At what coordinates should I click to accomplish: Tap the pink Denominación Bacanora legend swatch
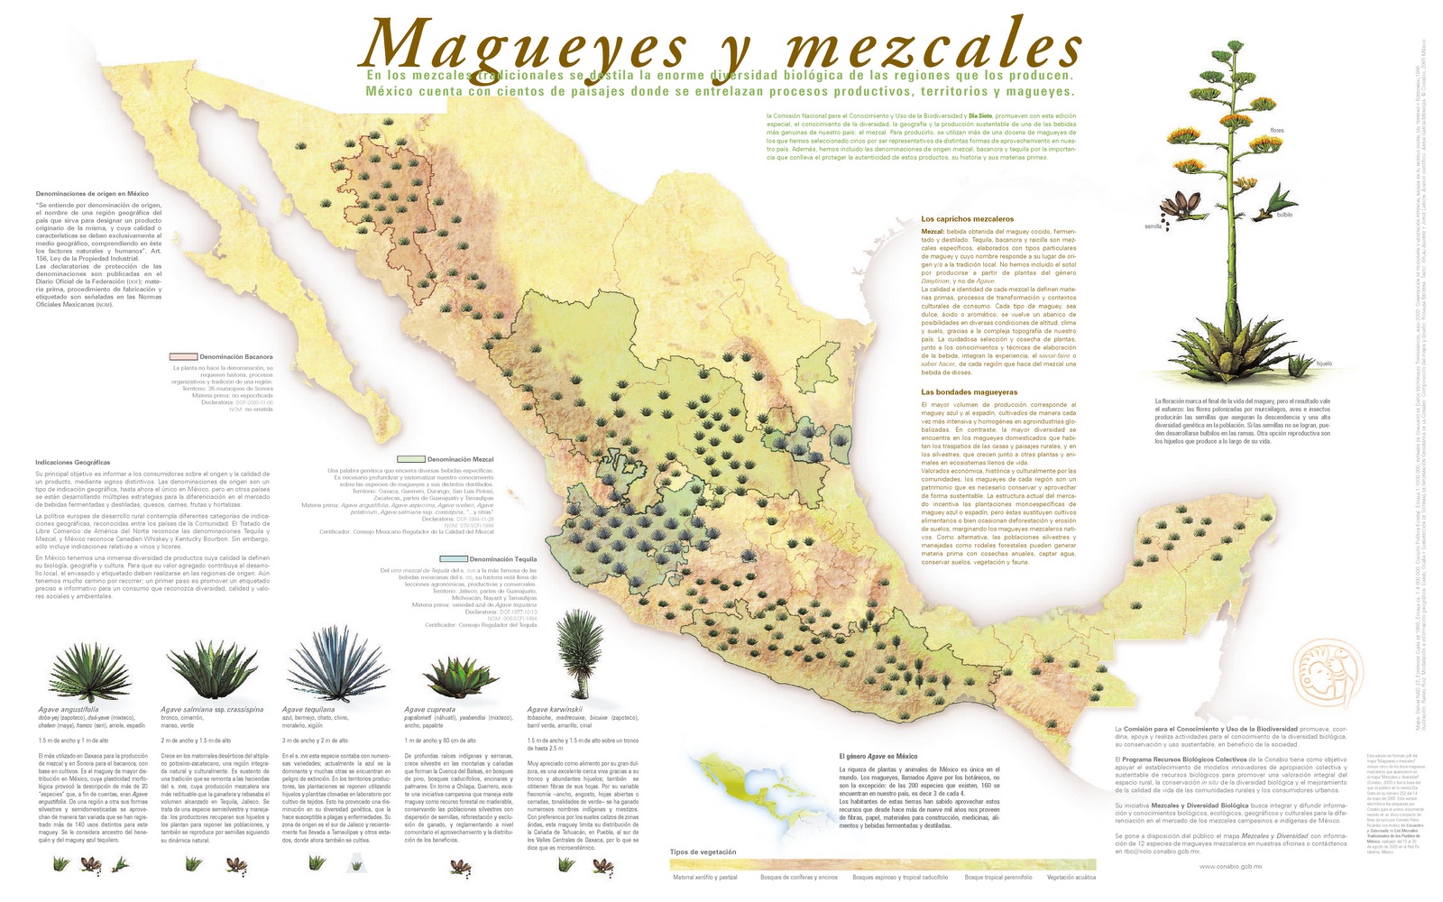(183, 356)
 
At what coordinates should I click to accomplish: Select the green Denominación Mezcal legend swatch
(411, 459)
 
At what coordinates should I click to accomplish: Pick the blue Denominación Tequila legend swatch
(454, 559)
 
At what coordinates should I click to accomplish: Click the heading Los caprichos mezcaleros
(967, 219)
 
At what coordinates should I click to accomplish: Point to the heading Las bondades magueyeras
(969, 392)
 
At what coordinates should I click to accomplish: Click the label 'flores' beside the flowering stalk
(1276, 131)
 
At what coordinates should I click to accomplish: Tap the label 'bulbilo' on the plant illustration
(1284, 215)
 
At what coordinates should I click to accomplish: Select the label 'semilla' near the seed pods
(1153, 226)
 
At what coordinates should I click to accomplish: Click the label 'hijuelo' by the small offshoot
(1323, 364)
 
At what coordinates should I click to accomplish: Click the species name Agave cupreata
(429, 710)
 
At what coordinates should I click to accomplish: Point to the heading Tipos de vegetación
(703, 851)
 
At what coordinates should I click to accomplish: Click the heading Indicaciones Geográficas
(72, 462)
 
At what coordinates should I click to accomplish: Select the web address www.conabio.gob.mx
(1230, 867)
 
